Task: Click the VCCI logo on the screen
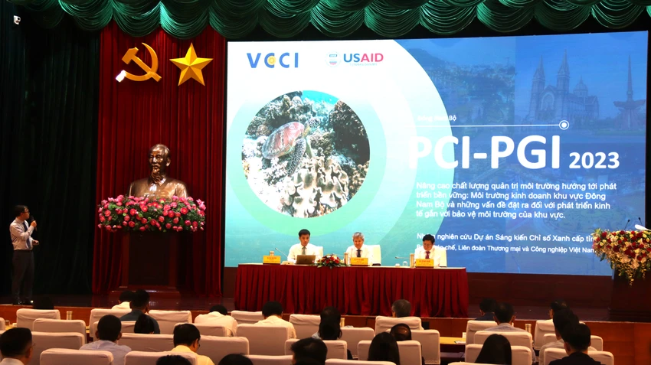pyautogui.click(x=272, y=60)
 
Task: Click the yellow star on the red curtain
pyautogui.click(x=191, y=65)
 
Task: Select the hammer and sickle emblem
pyautogui.click(x=140, y=63)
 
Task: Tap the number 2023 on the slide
pyautogui.click(x=594, y=160)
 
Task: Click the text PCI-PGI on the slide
pyautogui.click(x=486, y=153)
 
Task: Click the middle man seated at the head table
pyautogui.click(x=357, y=246)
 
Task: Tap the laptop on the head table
pyautogui.click(x=305, y=259)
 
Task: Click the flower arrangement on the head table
pyautogui.click(x=329, y=262)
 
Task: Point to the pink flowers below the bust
pyautogui.click(x=151, y=213)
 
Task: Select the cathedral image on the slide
pyautogui.click(x=559, y=93)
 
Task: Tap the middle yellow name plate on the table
pyautogui.click(x=358, y=262)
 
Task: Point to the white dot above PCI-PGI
pyautogui.click(x=564, y=125)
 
